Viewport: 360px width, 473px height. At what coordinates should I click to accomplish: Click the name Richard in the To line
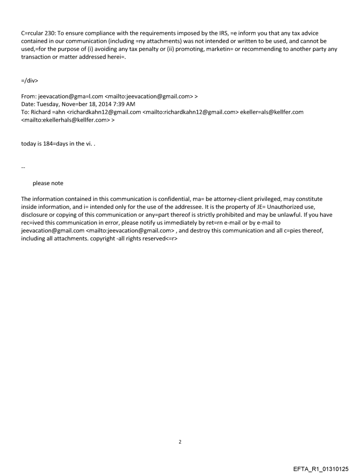pyautogui.click(x=41, y=112)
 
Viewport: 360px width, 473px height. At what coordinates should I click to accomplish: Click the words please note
pyautogui.click(x=48, y=183)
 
